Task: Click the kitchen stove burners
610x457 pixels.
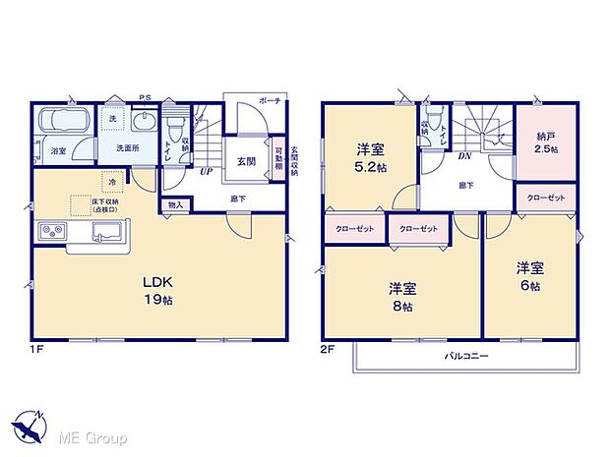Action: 52,231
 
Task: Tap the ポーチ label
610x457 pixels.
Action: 271,101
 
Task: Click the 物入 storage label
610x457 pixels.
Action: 175,205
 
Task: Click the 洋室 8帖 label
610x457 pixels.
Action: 400,295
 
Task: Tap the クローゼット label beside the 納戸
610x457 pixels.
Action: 546,198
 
